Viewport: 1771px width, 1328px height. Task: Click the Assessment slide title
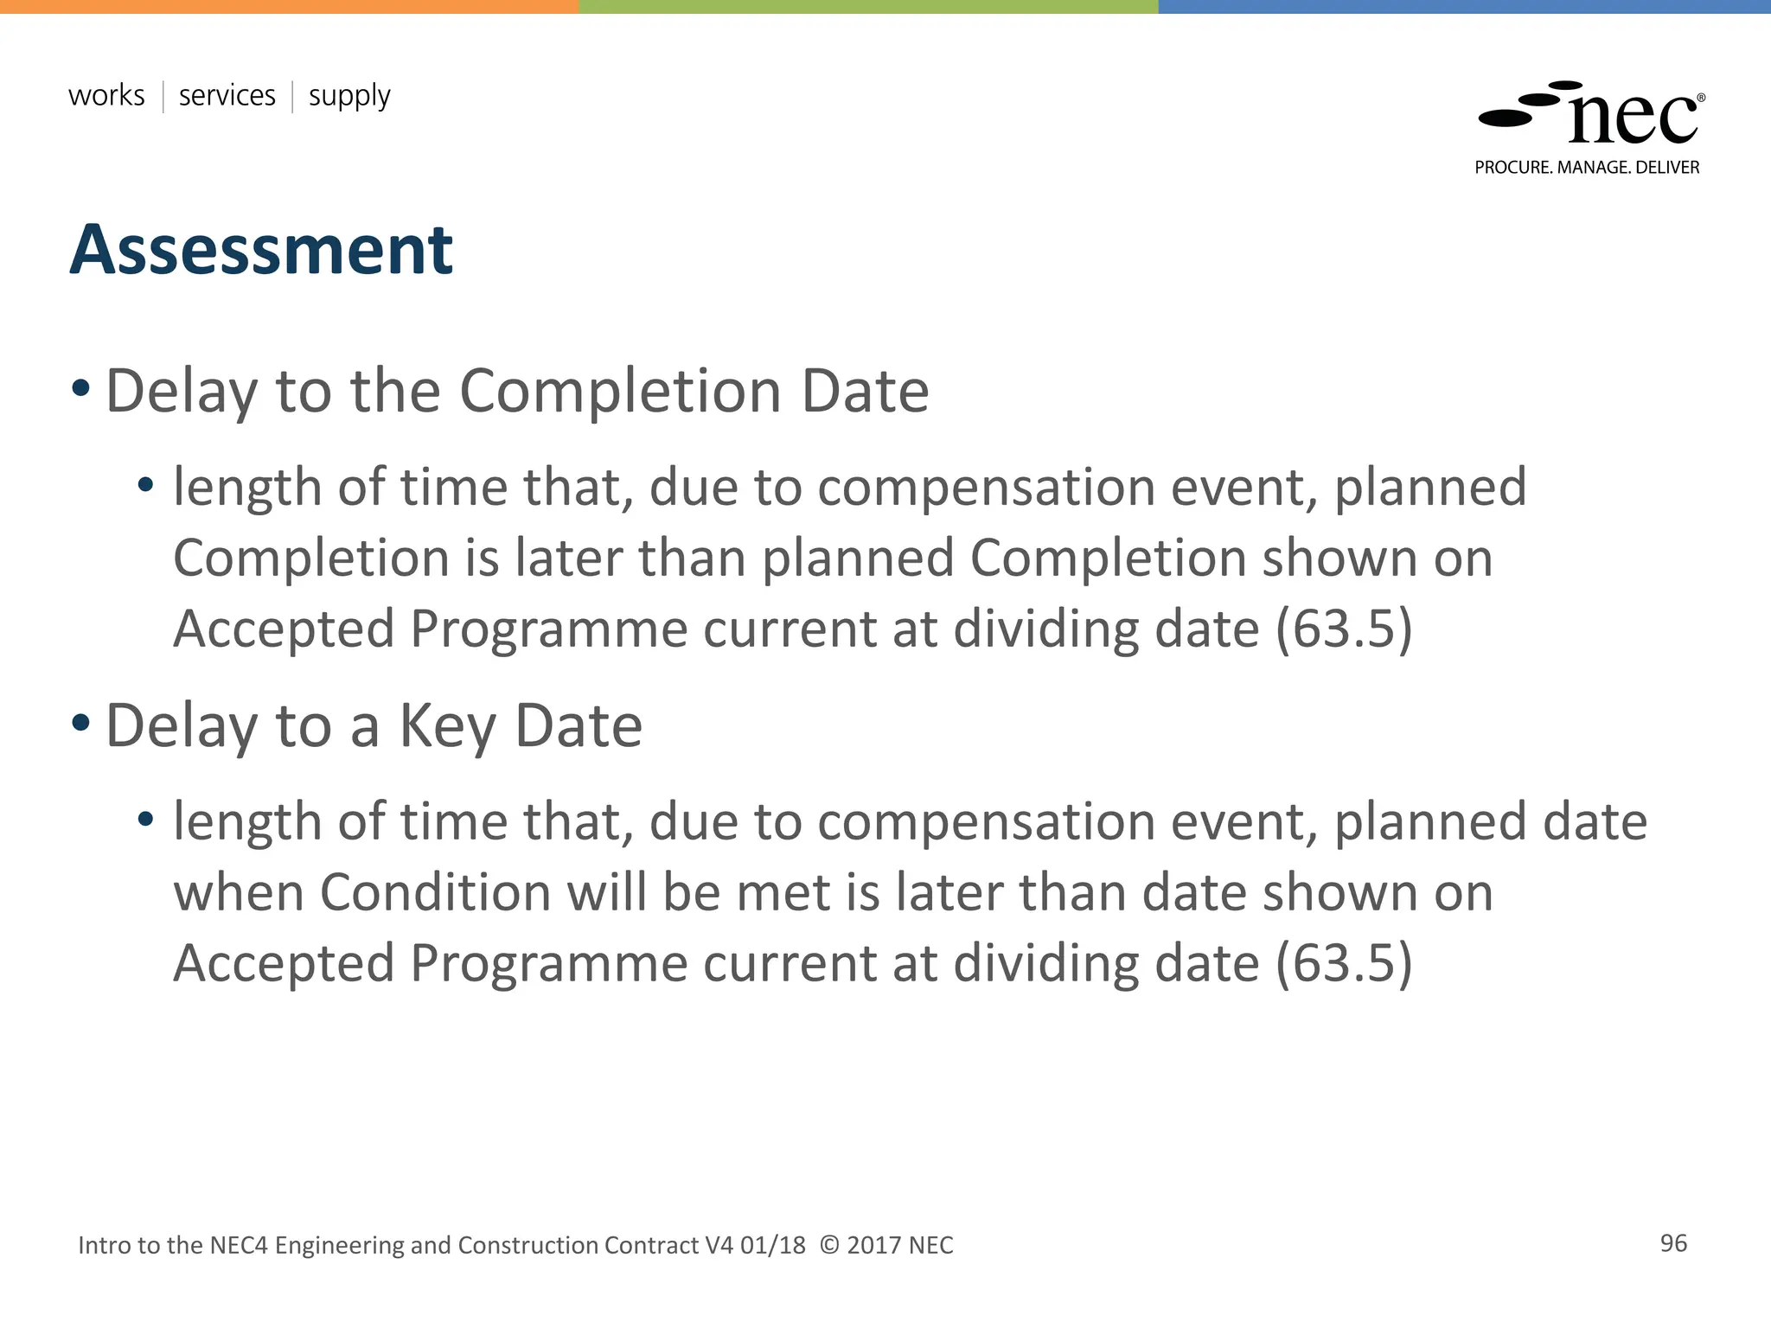[x=260, y=251]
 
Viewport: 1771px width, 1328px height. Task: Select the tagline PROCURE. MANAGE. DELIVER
[x=1587, y=168]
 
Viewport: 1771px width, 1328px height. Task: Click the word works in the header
[x=106, y=95]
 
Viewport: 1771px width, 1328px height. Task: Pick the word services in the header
[x=227, y=95]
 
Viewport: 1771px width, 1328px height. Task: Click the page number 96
[x=1673, y=1243]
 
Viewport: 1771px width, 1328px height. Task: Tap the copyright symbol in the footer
[x=828, y=1245]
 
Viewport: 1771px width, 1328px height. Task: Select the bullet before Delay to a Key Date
[x=80, y=723]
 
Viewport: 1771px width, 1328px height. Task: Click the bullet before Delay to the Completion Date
[x=80, y=388]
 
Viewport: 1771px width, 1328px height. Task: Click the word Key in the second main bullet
[x=447, y=726]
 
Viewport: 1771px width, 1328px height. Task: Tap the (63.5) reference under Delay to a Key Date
[x=1344, y=962]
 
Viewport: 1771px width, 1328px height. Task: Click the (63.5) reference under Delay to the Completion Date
[x=1344, y=629]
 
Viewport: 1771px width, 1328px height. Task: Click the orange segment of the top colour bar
[x=290, y=6]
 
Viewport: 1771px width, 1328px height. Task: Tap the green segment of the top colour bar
[x=868, y=6]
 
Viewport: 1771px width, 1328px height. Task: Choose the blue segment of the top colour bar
[x=1464, y=6]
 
